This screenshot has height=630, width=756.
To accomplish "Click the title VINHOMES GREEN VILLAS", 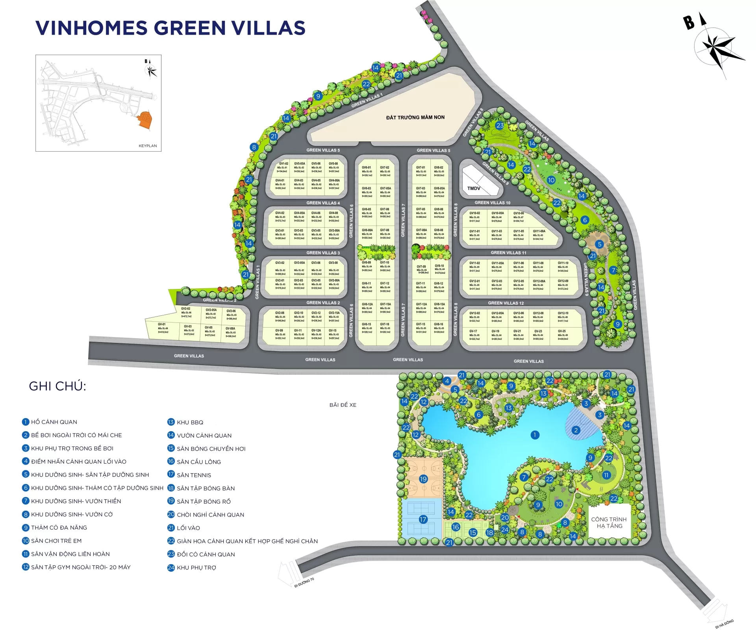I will click(x=170, y=28).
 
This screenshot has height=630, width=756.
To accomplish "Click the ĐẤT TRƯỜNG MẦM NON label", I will click(x=415, y=117).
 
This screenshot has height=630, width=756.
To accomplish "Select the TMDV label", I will click(x=474, y=188).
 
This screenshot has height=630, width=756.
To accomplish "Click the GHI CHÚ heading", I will click(x=57, y=386).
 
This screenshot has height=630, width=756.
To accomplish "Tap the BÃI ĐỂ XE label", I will click(x=343, y=405).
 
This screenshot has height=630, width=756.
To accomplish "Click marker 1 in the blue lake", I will click(x=535, y=435).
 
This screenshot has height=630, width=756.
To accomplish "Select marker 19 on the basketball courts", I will click(x=423, y=479).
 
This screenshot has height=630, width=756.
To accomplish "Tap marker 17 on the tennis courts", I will click(x=423, y=519).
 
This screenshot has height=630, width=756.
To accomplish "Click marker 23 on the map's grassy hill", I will click(x=500, y=126).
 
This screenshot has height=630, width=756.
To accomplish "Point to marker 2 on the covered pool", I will click(x=576, y=430).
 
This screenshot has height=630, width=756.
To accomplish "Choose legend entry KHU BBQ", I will click(x=190, y=422).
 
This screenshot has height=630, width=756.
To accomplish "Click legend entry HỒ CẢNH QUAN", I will click(x=54, y=422).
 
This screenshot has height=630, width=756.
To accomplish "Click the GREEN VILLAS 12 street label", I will click(x=506, y=303).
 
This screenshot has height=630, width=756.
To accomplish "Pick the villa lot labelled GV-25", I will click(x=562, y=334).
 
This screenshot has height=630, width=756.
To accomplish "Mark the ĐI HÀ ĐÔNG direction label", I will click(x=724, y=624).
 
